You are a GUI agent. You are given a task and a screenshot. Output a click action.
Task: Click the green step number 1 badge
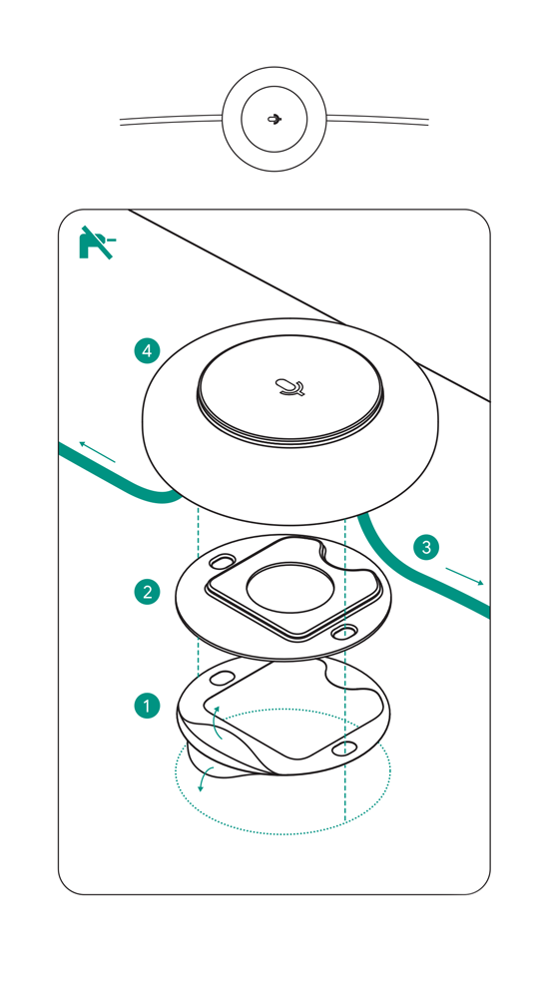[x=147, y=706]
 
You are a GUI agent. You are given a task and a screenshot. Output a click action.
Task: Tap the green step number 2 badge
[x=147, y=592]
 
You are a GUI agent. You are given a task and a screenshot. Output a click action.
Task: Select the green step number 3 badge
[x=426, y=547]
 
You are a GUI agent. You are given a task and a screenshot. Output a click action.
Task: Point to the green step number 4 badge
[x=147, y=350]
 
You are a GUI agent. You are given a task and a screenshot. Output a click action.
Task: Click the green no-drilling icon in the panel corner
[x=97, y=243]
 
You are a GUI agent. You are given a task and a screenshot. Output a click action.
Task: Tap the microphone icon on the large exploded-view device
[x=290, y=387]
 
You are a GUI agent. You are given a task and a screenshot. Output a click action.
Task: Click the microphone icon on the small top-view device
[x=274, y=119]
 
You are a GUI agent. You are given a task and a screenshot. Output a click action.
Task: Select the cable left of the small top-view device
[x=171, y=119]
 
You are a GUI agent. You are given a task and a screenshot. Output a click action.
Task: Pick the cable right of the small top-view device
[x=377, y=119]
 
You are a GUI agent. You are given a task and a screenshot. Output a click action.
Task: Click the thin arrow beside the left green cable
[x=97, y=452]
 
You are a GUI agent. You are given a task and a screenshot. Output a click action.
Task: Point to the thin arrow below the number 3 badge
[x=464, y=576]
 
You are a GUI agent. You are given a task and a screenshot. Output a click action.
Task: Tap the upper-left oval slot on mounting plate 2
[x=221, y=562]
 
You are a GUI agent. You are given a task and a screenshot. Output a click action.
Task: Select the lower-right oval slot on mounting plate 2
[x=344, y=633]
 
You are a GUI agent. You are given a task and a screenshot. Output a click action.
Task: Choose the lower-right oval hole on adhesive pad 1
[x=344, y=748]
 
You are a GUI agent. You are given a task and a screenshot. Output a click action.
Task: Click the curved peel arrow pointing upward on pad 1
[x=216, y=724]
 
